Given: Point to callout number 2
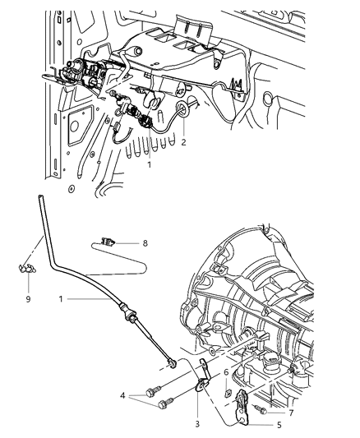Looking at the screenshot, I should pos(184,142).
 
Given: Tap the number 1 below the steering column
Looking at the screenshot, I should pos(149,164).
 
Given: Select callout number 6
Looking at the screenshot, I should pos(225,372).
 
